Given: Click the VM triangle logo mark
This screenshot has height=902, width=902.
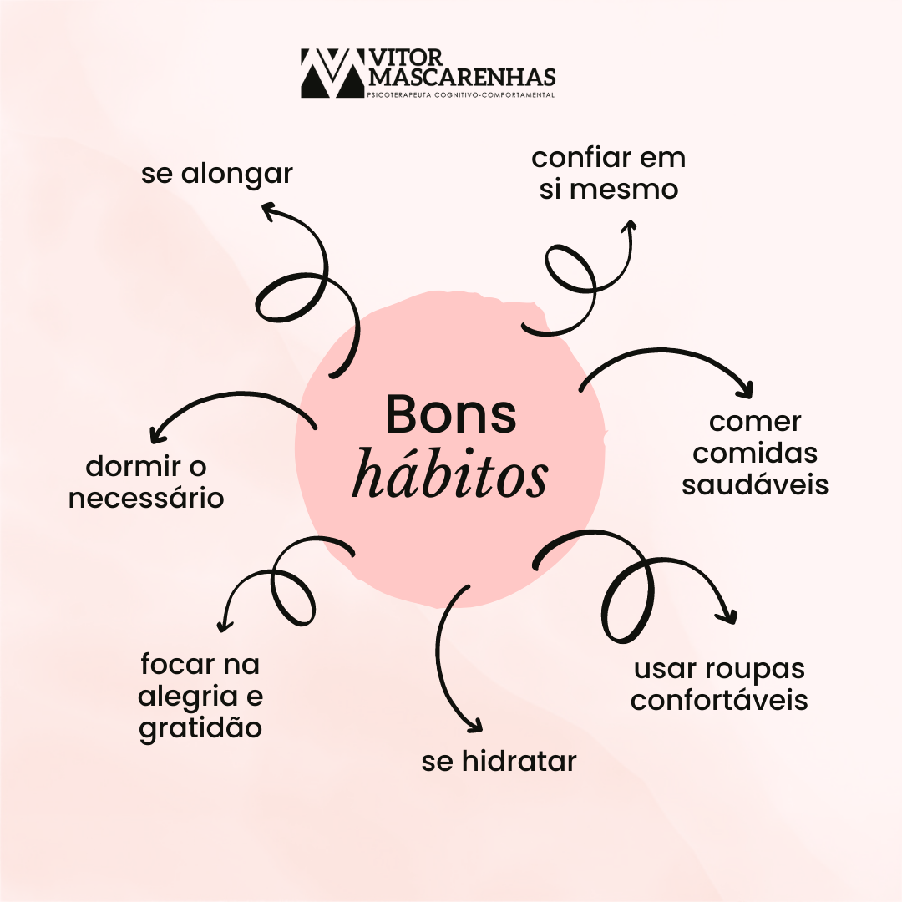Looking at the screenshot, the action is (332, 73).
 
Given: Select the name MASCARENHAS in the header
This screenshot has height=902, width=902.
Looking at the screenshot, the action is (461, 77).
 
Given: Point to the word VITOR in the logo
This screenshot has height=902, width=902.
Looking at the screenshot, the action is (406, 58).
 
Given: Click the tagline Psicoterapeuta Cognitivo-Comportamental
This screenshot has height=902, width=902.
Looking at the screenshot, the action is (461, 95).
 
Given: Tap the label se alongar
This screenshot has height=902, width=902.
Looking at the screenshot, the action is (217, 174).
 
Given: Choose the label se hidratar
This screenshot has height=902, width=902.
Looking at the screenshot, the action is (499, 761).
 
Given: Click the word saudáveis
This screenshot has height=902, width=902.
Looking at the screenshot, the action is (755, 484).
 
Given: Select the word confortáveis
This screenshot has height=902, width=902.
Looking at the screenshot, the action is (719, 700).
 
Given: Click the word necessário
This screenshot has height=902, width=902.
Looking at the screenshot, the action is (146, 498).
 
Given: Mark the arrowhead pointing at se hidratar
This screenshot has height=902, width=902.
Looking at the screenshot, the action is (474, 726).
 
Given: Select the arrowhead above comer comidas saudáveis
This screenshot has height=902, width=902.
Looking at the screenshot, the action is (746, 390).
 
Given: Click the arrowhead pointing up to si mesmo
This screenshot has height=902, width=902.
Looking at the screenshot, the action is (630, 225).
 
